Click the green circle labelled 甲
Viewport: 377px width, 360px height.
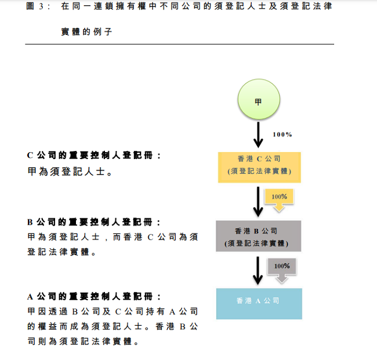point(258,102)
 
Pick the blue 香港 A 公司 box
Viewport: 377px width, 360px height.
point(259,303)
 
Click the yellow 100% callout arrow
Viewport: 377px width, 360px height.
point(280,199)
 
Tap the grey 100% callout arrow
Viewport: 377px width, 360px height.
point(281,269)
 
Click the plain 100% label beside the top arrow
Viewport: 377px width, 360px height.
point(282,134)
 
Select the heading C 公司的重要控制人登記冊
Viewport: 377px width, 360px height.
point(93,156)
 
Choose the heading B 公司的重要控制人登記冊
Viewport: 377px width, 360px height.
point(93,222)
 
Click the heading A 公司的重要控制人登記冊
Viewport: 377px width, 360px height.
point(93,296)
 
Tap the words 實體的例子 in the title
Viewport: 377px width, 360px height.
point(86,32)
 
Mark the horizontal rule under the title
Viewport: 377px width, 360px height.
point(180,44)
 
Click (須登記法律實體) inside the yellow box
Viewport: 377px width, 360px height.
point(259,172)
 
